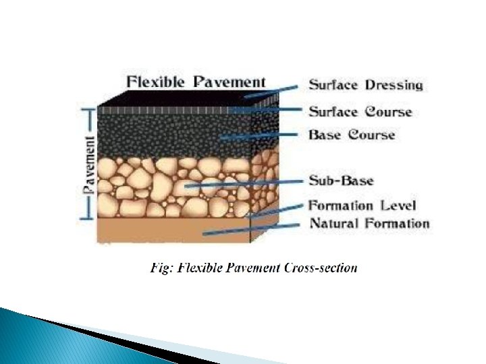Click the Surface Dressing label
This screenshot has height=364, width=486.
tap(366, 85)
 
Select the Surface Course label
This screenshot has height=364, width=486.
tap(360, 111)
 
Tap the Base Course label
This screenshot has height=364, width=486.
tap(352, 135)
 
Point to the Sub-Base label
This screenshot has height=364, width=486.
tap(341, 180)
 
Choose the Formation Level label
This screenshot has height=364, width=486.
tap(362, 205)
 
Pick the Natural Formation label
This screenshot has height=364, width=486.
tap(369, 223)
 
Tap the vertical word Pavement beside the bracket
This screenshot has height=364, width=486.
tap(88, 165)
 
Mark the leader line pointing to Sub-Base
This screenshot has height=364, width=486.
tap(243, 182)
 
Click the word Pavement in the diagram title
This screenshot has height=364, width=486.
tap(229, 82)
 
